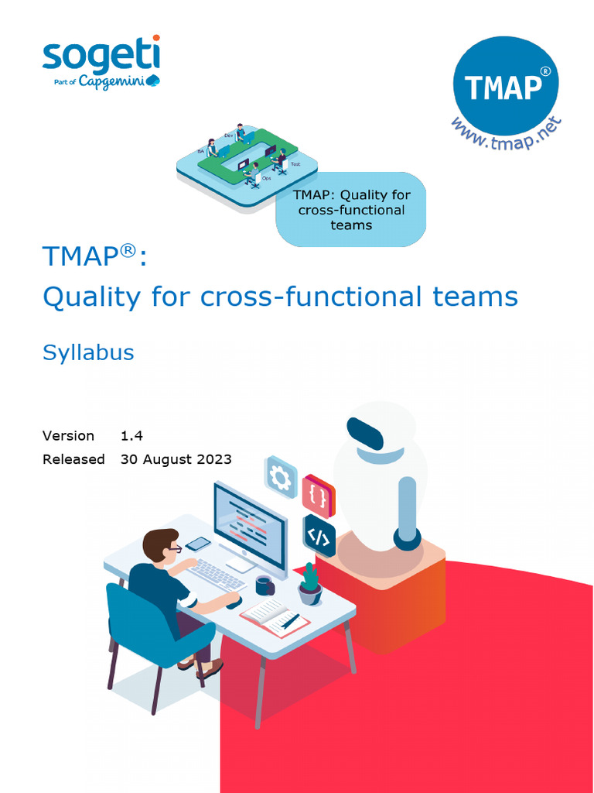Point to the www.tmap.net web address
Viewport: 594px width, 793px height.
coord(506,135)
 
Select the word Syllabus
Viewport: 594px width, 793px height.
coord(88,352)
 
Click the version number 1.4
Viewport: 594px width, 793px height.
coord(131,436)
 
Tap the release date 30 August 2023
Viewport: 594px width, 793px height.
coord(176,459)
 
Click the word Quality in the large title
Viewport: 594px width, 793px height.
coord(91,297)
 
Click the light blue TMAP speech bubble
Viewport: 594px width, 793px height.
coord(351,210)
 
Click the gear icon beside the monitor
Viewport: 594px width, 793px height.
coord(281,478)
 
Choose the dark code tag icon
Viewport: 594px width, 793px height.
coord(319,535)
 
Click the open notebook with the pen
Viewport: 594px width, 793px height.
coord(275,616)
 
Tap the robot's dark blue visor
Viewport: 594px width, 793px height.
coord(364,434)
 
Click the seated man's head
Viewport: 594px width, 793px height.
coord(160,545)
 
